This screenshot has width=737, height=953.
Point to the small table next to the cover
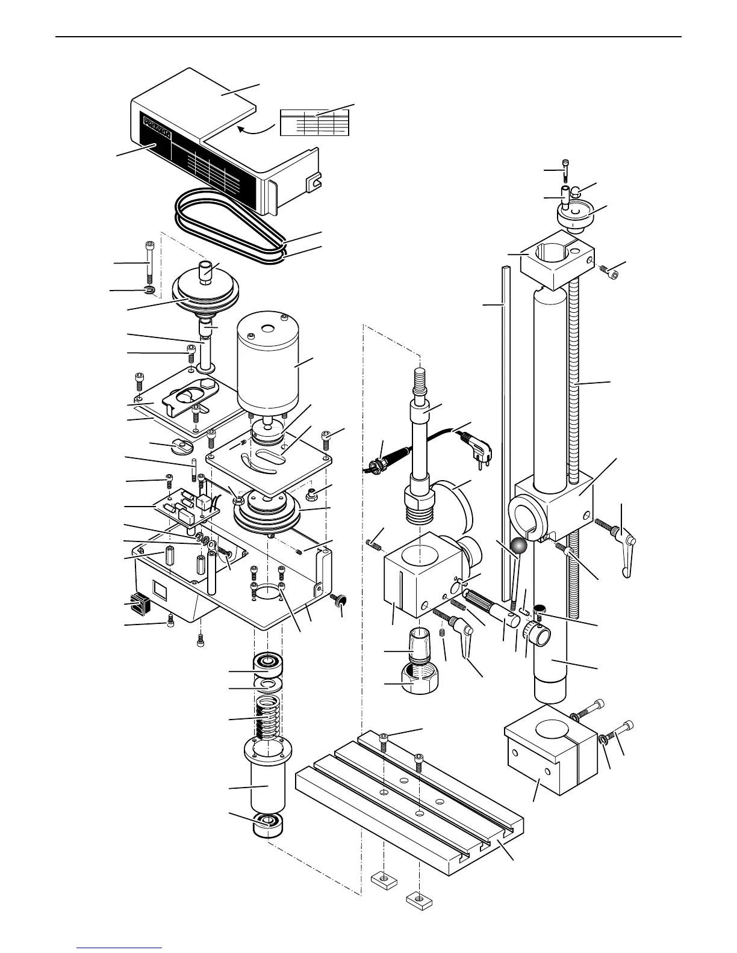pos(314,122)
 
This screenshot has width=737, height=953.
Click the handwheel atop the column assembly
pos(576,217)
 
